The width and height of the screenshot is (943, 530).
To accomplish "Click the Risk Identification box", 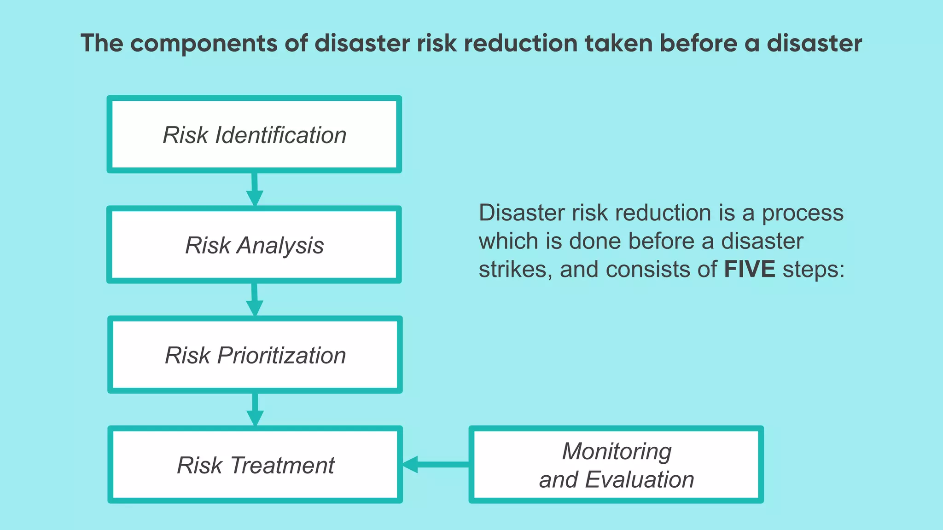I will point(254,134).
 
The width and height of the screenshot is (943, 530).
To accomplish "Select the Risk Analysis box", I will point(254,244).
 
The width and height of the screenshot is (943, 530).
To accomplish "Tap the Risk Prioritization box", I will point(255,354).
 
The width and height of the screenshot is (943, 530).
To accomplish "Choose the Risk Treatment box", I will point(255,464).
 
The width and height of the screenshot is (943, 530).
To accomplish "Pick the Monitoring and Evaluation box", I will point(616,464).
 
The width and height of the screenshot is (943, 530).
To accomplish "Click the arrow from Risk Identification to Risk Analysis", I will point(254,190).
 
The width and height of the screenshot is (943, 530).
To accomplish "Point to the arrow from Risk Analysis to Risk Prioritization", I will point(254,300).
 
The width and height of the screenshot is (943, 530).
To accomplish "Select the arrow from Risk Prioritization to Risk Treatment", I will point(255,409).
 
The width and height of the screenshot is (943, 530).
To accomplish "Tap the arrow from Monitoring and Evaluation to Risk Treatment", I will point(435,464).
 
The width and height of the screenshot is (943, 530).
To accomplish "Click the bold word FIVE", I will point(749,269).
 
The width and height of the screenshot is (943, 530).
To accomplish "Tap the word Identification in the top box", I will point(280,135).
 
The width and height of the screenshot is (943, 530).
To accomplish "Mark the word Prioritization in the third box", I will point(281,355).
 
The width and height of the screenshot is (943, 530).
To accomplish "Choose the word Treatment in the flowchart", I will point(282,465).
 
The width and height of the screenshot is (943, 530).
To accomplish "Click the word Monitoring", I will point(617,451).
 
